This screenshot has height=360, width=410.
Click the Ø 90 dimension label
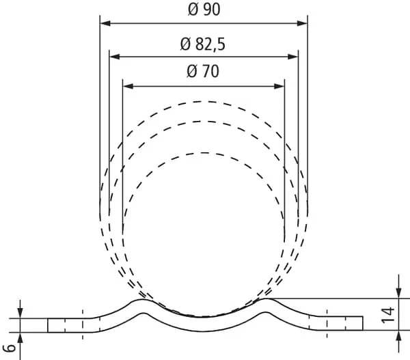tap(204, 10)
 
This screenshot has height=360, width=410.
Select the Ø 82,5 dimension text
tap(203, 44)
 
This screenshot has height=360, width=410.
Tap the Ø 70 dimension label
tap(203, 71)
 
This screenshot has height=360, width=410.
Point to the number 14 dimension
tap(387, 315)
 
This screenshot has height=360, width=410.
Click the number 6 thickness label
tap(9, 348)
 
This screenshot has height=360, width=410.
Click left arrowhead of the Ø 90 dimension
tap(105, 23)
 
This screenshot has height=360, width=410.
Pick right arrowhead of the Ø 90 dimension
tap(302, 23)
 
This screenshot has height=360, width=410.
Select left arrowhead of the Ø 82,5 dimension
tap(115, 57)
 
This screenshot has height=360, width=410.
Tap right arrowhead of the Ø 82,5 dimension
tap(293, 57)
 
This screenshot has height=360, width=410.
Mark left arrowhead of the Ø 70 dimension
tap(128, 86)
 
